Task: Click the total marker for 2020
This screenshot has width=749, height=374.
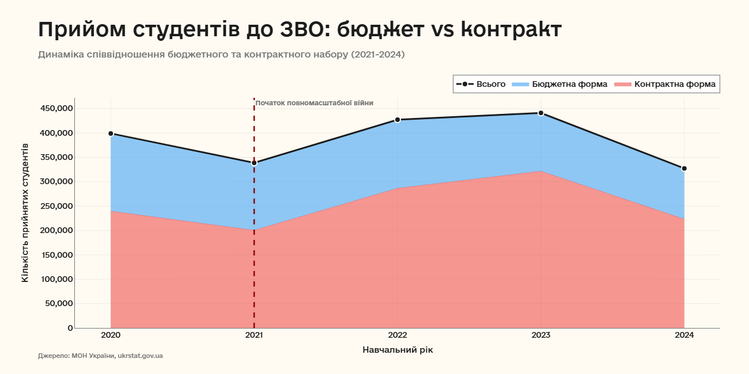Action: click(111, 133)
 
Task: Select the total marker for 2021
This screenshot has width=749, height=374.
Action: click(254, 163)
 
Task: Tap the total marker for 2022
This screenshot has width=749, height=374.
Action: click(398, 120)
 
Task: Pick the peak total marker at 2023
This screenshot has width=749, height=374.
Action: click(541, 113)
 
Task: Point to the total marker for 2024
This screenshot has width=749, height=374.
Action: click(684, 169)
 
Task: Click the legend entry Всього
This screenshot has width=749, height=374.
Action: click(481, 84)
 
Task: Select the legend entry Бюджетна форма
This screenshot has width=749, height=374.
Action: click(559, 84)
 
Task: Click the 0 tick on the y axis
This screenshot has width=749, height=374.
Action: click(70, 328)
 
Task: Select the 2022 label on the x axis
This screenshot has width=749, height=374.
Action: click(398, 335)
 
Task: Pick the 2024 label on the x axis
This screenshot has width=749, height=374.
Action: click(684, 335)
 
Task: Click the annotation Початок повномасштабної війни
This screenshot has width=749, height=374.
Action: click(314, 103)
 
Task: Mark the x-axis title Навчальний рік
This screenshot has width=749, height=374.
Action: click(398, 349)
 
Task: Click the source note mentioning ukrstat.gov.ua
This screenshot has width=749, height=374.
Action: click(100, 356)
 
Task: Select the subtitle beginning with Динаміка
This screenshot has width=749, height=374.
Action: click(221, 55)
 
